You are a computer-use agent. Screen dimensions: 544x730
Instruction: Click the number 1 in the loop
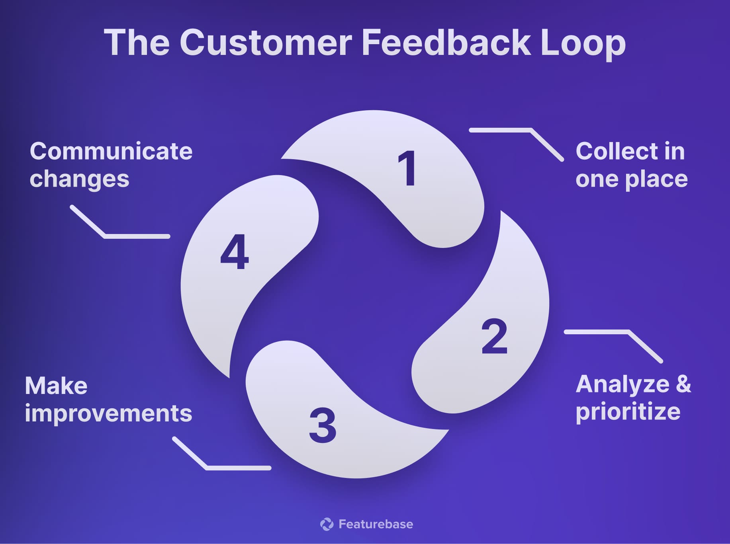point(407,169)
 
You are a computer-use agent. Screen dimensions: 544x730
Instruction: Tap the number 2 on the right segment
point(494,337)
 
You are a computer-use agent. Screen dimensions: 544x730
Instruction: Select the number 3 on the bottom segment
point(323,425)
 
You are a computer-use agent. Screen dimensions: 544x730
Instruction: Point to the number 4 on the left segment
point(235,252)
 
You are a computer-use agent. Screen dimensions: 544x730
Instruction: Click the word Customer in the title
point(266,43)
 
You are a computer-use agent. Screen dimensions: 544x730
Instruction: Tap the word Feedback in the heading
point(446,43)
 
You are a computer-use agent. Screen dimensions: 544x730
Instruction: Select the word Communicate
point(111,152)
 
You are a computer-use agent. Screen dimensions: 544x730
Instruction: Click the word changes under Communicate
point(79,179)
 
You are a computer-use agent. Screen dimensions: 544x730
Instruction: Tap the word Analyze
point(622,384)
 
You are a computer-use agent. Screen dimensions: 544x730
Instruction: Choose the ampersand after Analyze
point(683,384)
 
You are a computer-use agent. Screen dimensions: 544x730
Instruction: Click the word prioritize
point(628,412)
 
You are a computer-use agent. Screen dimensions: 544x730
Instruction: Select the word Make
point(56,386)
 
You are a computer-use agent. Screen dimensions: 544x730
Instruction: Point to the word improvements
point(108,413)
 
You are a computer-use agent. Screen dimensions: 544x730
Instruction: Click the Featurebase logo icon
point(327,524)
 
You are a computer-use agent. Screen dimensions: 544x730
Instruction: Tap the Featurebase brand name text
point(376,524)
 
